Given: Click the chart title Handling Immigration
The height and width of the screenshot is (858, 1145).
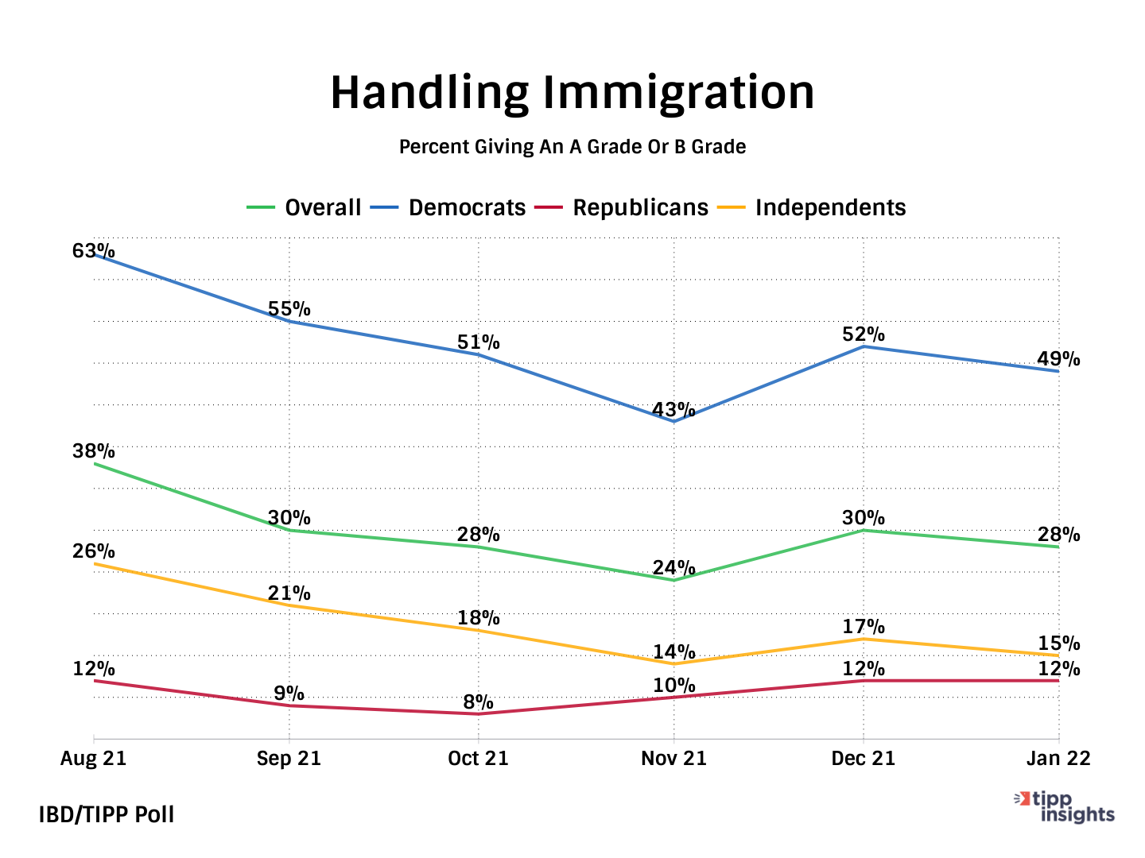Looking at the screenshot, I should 572,92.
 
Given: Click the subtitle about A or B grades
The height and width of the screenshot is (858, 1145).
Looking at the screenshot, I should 572,147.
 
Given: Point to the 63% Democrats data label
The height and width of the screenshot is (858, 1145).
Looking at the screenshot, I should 94,251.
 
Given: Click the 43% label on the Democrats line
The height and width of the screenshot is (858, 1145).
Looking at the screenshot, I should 673,410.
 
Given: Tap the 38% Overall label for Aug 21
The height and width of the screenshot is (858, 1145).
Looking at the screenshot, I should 94,451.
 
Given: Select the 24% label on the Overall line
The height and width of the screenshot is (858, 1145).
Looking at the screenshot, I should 673,567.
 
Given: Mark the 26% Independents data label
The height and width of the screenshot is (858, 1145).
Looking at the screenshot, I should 94,551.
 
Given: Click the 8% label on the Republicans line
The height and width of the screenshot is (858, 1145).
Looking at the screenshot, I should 478,701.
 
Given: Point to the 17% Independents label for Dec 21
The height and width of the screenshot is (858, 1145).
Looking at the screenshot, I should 864,627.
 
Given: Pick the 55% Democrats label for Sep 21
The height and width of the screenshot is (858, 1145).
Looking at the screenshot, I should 289,309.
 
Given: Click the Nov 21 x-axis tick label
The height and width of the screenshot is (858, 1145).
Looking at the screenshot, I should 673,759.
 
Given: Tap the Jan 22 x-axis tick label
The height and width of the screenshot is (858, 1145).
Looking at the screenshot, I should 1058,759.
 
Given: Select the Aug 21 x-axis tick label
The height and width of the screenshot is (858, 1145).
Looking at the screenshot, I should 94,759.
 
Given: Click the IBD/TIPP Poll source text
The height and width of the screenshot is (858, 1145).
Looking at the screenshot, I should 107,814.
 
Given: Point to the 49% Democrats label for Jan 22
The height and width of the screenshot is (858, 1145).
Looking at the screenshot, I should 1058,359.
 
